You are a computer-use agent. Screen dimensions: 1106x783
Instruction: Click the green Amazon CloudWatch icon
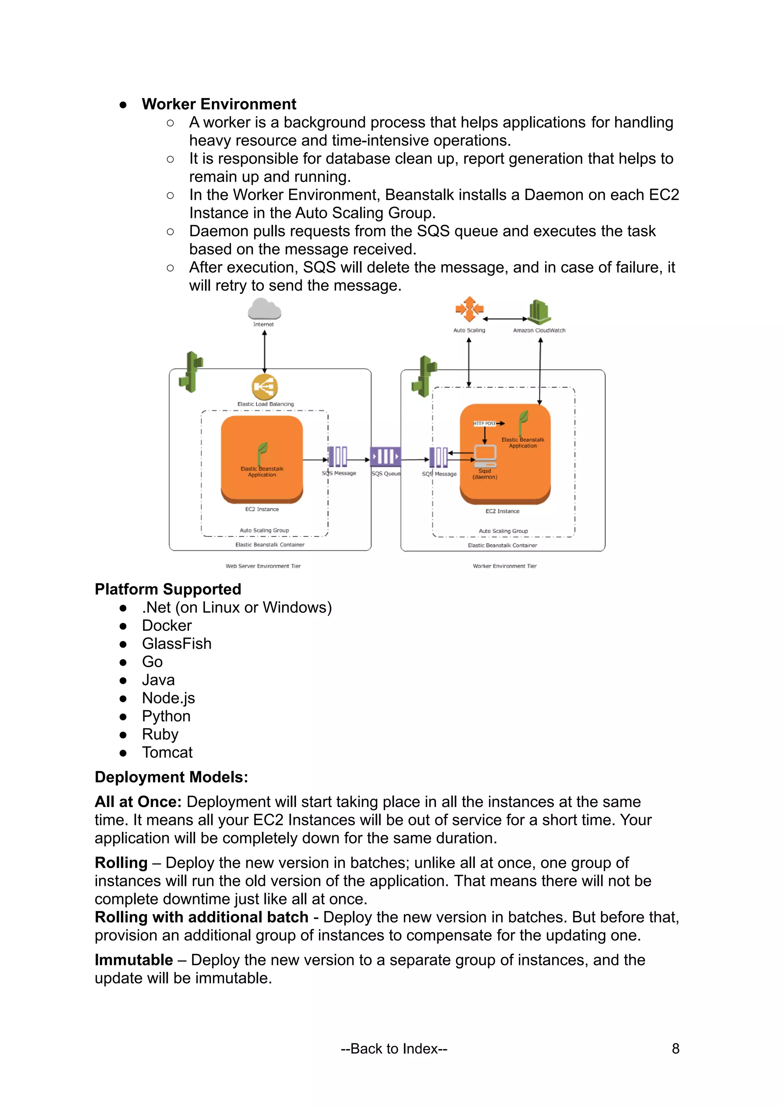tap(539, 312)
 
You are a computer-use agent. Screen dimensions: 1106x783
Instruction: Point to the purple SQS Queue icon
tap(385, 456)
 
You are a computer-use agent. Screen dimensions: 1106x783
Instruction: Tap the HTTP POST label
tap(484, 423)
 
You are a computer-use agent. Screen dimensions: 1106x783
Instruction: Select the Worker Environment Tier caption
tap(504, 566)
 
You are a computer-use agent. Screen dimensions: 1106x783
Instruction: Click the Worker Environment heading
tap(219, 104)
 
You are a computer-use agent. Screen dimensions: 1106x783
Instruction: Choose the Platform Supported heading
tap(168, 589)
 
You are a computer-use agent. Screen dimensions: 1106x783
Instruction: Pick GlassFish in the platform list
tap(177, 644)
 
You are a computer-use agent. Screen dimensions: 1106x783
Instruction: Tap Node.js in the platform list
tap(168, 698)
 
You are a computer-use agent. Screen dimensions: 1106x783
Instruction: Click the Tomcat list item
tap(167, 753)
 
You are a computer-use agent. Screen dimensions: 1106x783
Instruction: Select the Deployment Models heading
tap(171, 777)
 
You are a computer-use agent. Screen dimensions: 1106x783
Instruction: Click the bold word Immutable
tap(133, 960)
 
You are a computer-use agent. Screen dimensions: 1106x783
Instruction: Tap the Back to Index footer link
tap(394, 1049)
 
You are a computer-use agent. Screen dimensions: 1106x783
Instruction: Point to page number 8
tap(676, 1049)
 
